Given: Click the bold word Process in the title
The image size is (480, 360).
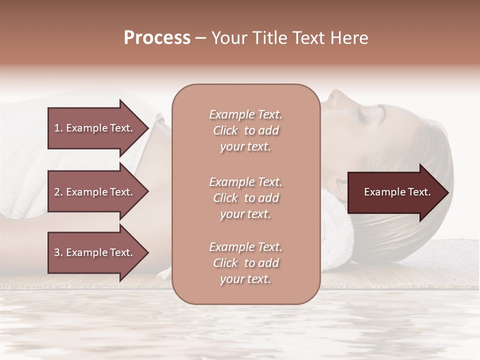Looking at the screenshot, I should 157,38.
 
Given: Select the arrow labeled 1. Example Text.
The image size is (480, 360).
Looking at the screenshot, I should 95,128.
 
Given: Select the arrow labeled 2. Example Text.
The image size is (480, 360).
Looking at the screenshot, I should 95,192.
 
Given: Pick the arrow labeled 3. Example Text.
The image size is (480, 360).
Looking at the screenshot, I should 95,252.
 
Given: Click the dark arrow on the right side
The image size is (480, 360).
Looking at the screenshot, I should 395,192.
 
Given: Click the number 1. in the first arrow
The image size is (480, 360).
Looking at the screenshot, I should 58,128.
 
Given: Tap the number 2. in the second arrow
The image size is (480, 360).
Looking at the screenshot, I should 58,192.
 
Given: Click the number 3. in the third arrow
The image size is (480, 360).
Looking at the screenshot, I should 58,252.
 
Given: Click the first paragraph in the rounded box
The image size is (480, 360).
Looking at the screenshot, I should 245,130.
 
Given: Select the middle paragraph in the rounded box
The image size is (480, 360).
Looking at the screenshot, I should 245,198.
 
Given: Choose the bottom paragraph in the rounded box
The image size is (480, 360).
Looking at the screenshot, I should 245,263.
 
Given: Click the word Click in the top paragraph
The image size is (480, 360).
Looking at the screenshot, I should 225,130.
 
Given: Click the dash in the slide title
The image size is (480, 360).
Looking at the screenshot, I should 200,38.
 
